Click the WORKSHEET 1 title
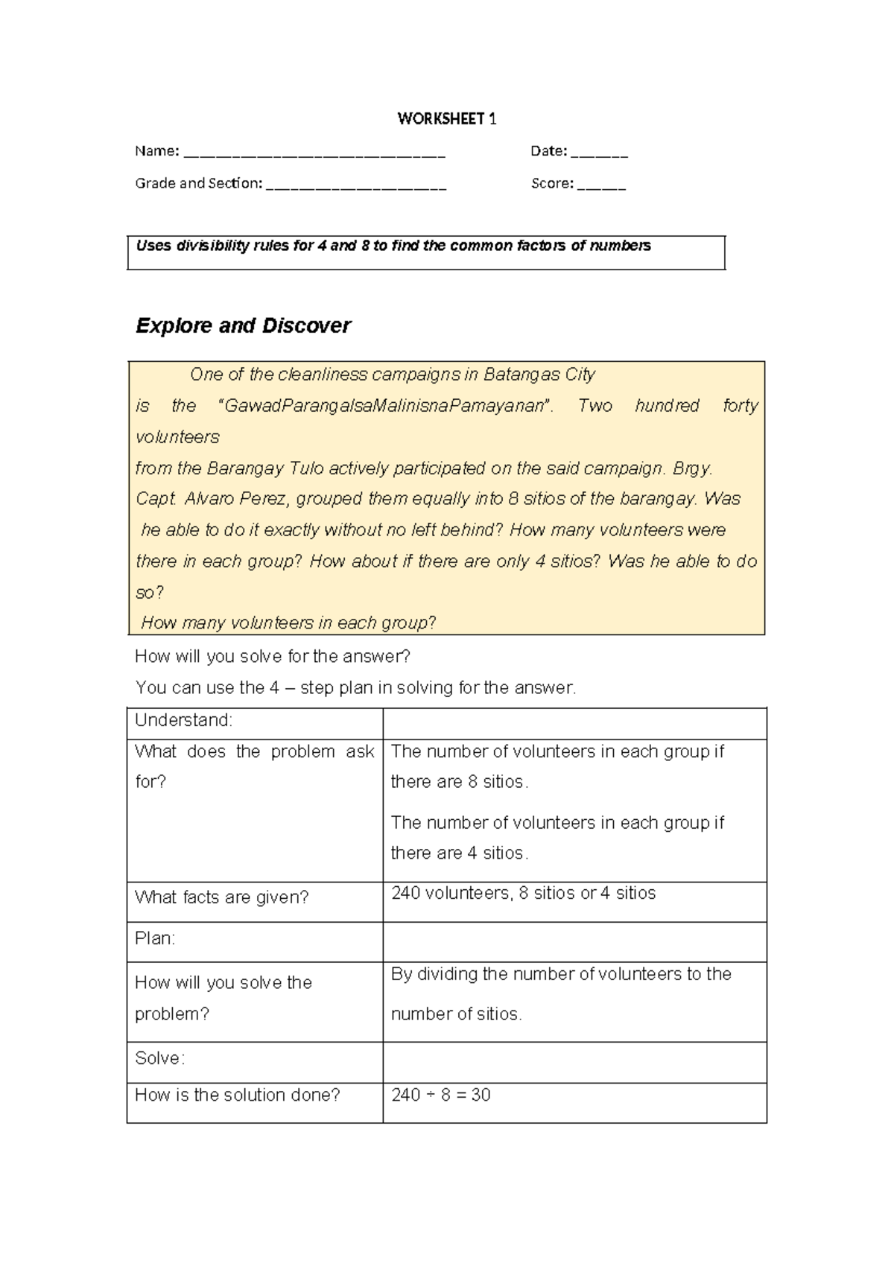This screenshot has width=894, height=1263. (446, 119)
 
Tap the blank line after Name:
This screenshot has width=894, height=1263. (314, 155)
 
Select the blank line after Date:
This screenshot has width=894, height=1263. (600, 155)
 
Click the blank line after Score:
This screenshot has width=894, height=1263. (601, 187)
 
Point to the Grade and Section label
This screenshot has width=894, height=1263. (198, 183)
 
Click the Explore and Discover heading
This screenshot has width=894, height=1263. (243, 326)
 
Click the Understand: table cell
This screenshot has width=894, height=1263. (183, 720)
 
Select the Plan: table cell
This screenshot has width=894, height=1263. (155, 939)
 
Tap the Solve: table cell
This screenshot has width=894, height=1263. (159, 1058)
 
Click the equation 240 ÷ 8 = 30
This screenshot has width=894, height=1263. (440, 1095)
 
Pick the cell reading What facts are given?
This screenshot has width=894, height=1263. (221, 897)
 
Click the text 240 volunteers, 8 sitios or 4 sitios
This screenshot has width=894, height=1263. (523, 894)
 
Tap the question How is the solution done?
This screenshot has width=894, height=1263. (237, 1095)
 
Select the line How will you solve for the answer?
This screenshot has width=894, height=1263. (273, 657)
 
